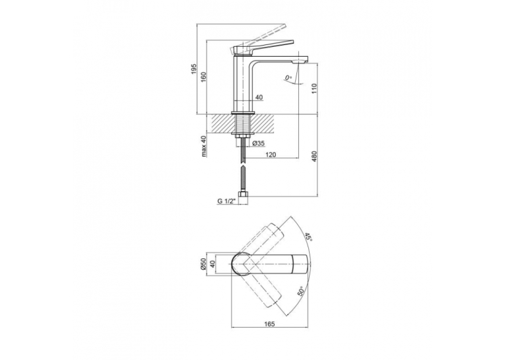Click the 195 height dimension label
pos(194,69)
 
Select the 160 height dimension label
pos(203,78)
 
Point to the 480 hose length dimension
pos(314,157)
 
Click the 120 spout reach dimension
pos(271,155)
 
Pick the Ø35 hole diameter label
pos(259,143)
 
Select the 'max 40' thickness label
pos(203,147)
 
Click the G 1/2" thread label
pos(226,201)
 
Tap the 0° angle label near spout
pos(288,77)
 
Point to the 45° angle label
pos(308,238)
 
